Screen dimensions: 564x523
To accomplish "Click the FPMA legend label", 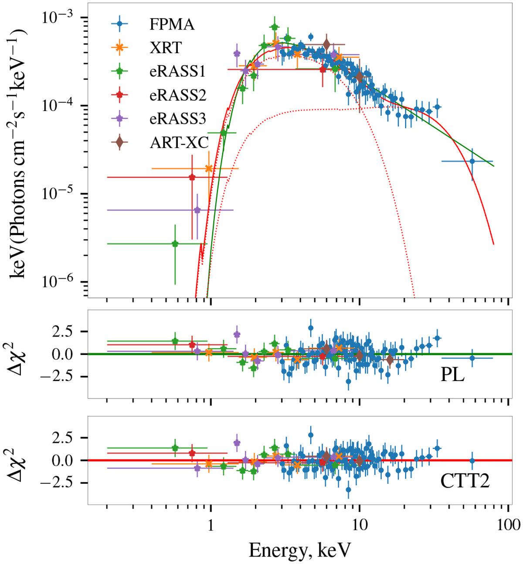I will pyautogui.click(x=172, y=24).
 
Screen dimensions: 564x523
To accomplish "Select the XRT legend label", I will pyautogui.click(x=165, y=47).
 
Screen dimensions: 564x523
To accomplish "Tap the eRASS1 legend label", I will pyautogui.click(x=177, y=71).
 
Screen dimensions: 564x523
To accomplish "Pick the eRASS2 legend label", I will pyautogui.click(x=177, y=95).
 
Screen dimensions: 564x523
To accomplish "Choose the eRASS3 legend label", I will pyautogui.click(x=177, y=118).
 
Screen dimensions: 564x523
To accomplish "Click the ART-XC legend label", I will pyautogui.click(x=179, y=142).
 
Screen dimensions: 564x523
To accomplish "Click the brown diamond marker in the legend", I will pyautogui.click(x=119, y=142).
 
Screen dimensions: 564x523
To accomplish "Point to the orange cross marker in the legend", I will pyautogui.click(x=119, y=47).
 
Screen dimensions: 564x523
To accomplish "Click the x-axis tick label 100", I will pyautogui.click(x=508, y=525).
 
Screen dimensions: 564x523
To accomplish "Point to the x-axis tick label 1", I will pyautogui.click(x=211, y=525).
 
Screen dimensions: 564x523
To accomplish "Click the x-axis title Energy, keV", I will pyautogui.click(x=299, y=550).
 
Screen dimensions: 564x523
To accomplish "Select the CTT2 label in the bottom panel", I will pyautogui.click(x=465, y=481).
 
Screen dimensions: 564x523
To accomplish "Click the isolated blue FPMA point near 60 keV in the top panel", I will pyautogui.click(x=472, y=161).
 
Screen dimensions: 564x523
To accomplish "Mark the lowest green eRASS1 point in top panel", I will pyautogui.click(x=175, y=244).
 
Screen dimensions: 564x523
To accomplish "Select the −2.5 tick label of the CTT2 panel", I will pyautogui.click(x=60, y=483).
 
